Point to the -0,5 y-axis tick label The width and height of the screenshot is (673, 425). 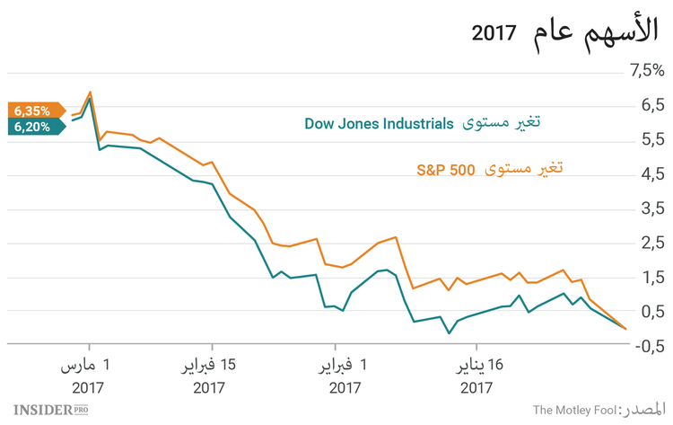[x=646, y=346]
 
